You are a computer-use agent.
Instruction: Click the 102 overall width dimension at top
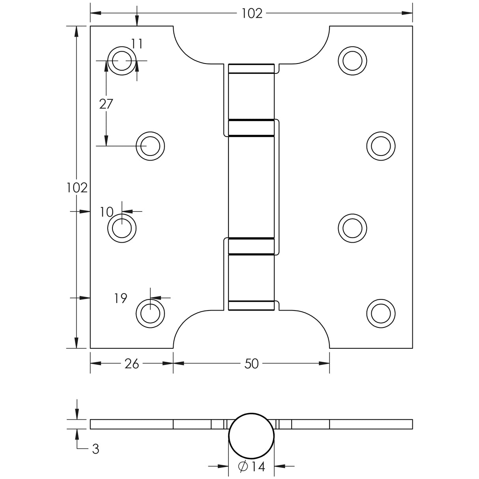[252, 13]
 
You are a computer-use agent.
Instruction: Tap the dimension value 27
[106, 104]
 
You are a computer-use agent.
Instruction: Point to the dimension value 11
[137, 44]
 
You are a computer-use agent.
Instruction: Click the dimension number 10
[107, 212]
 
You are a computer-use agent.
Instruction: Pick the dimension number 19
[121, 299]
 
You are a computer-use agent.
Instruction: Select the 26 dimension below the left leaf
[132, 364]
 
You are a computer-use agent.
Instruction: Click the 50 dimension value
[251, 364]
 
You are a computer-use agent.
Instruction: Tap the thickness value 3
[95, 449]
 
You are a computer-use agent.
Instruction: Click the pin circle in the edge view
[251, 435]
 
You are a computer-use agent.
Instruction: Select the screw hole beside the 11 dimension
[122, 61]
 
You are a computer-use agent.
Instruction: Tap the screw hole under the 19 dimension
[150, 313]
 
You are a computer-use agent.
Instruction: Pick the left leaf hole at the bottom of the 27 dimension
[150, 146]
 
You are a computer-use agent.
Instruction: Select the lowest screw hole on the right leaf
[381, 313]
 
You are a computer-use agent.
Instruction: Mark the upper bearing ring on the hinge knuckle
[251, 128]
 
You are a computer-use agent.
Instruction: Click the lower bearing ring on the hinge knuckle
[251, 247]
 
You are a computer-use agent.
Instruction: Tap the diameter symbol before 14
[243, 467]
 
